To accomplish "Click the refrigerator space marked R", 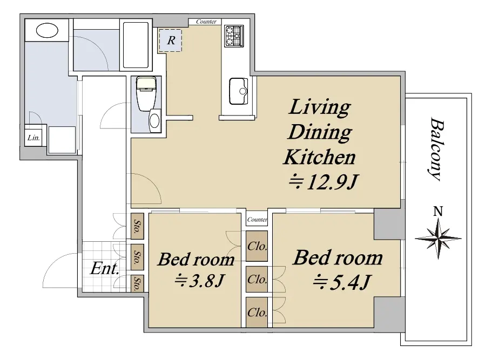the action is click(x=170, y=40).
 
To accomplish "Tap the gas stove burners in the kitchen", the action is click(x=234, y=36).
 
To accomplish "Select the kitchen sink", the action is click(x=239, y=91).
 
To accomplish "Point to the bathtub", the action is click(x=136, y=45).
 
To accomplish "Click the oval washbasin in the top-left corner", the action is click(x=47, y=31).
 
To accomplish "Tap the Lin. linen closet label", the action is click(x=33, y=137).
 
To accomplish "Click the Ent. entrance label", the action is click(x=104, y=268).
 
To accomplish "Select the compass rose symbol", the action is click(x=438, y=239).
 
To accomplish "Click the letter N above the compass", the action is click(x=438, y=212).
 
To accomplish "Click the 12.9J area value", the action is click(x=323, y=181).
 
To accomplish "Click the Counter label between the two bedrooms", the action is click(x=257, y=220).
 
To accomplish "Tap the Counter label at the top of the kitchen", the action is click(x=206, y=22).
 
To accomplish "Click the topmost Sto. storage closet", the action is click(x=137, y=226).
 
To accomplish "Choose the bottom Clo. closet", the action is click(x=257, y=313).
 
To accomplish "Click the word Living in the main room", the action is click(x=319, y=107).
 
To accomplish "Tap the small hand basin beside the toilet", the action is click(x=154, y=121).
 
